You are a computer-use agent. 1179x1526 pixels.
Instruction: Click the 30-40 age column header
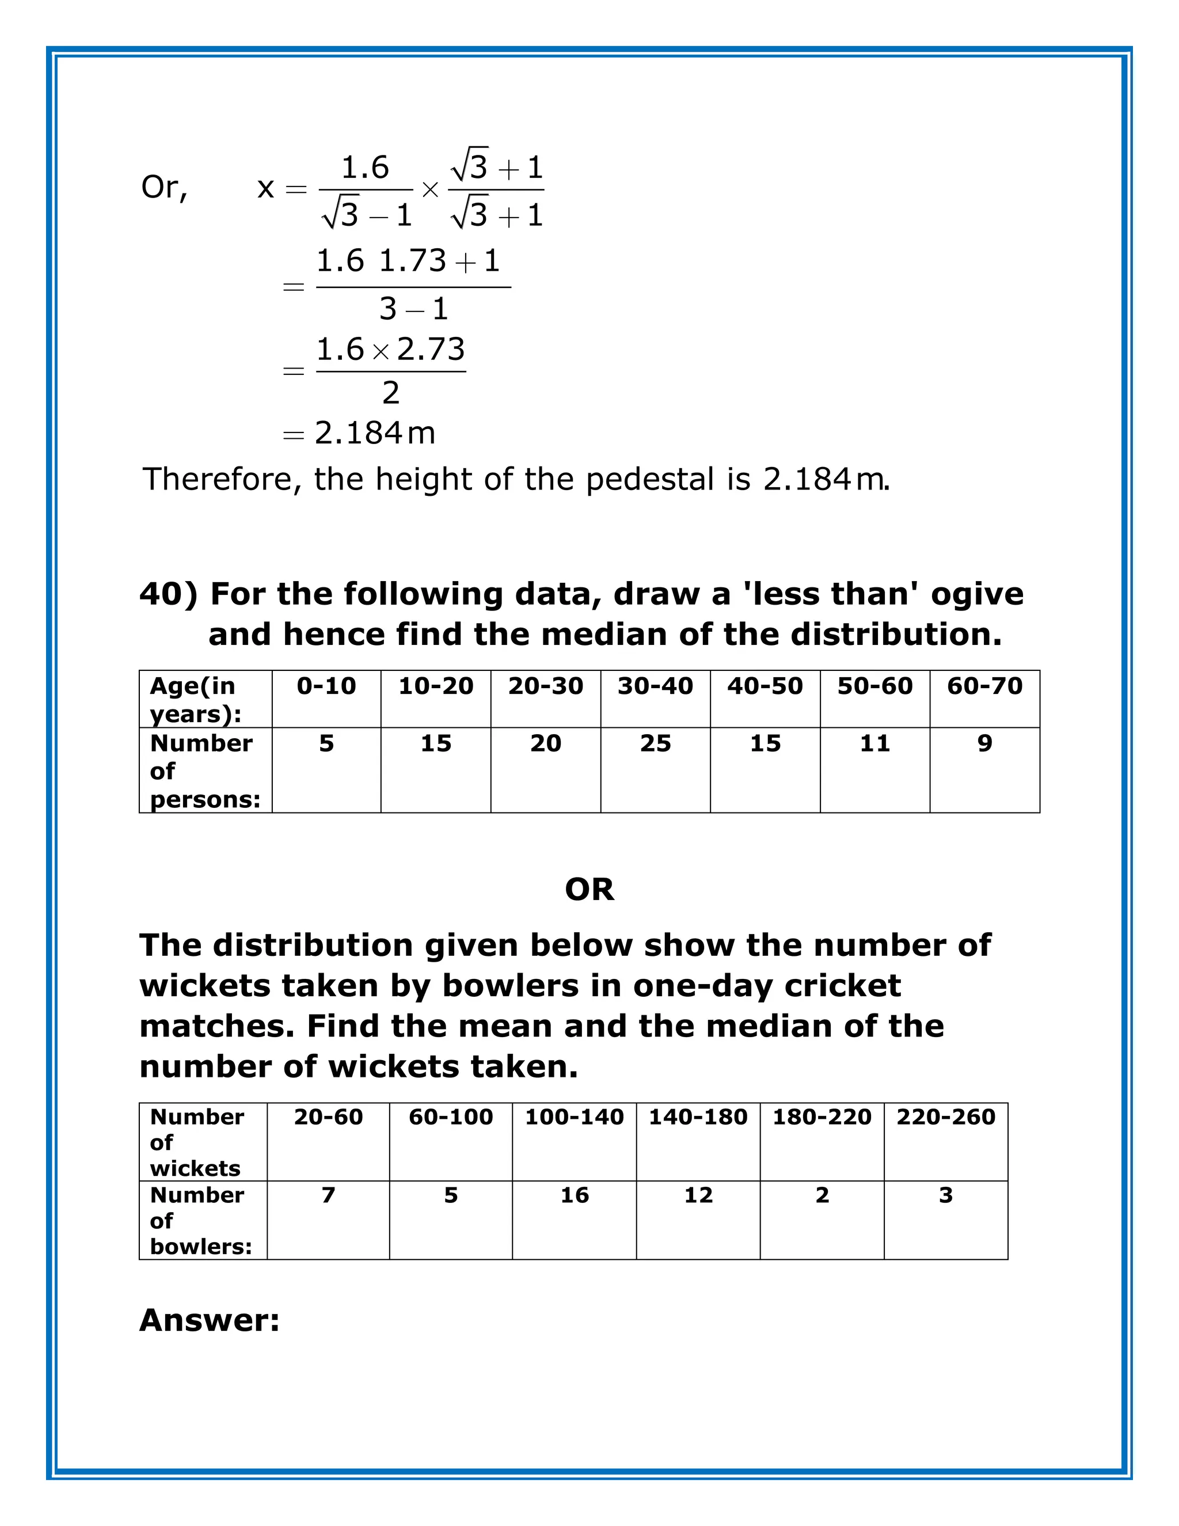coord(655,686)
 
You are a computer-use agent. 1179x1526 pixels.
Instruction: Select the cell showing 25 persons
coord(655,743)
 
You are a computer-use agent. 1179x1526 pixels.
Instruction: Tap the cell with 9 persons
coord(984,743)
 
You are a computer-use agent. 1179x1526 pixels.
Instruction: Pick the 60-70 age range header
coord(984,686)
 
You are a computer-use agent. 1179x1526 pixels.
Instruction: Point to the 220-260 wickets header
coord(946,1117)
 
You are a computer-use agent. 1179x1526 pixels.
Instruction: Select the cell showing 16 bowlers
coord(574,1195)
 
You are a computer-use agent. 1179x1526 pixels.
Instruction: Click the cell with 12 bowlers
coord(698,1195)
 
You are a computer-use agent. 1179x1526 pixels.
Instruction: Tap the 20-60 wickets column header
coord(328,1117)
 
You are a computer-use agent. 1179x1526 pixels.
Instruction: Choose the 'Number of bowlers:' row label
coord(200,1221)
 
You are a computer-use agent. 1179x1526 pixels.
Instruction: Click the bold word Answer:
coord(210,1320)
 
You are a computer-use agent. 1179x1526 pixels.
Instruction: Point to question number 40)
coord(168,595)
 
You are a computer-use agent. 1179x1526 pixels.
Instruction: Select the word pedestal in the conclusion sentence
coord(649,480)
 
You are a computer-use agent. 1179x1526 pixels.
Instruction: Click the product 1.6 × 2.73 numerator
coord(390,350)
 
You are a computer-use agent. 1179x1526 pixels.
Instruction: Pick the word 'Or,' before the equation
coord(164,187)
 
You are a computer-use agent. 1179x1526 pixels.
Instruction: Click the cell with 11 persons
coord(874,743)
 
